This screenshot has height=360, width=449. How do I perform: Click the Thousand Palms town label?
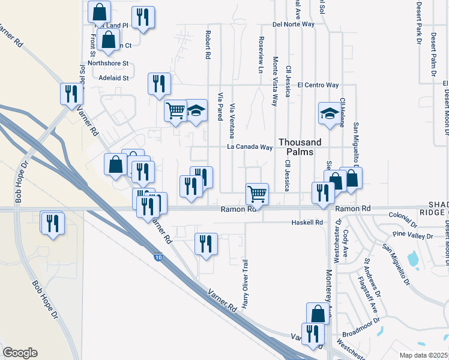(300, 147)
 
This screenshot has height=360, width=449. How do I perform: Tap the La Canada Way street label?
(250, 147)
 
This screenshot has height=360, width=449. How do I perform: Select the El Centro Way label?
(318, 85)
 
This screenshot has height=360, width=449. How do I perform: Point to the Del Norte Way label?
(293, 25)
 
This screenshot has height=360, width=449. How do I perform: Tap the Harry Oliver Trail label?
(245, 282)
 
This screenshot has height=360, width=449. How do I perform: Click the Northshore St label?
(108, 63)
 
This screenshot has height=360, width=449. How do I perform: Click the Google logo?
(20, 353)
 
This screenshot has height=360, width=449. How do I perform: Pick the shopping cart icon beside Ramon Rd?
(257, 193)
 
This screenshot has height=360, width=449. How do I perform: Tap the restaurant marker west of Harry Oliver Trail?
(206, 244)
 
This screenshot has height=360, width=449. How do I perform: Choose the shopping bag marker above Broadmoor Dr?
(318, 313)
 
